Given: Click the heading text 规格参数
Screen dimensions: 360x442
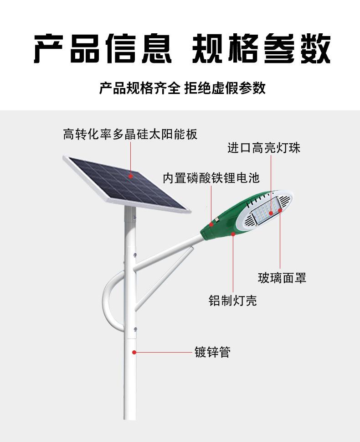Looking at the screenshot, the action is (x=261, y=48).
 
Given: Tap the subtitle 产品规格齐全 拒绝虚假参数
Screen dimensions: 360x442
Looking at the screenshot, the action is (x=182, y=88).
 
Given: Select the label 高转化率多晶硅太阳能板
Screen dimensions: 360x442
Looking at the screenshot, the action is (x=130, y=134).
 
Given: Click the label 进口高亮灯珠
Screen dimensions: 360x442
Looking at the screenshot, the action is (x=264, y=148).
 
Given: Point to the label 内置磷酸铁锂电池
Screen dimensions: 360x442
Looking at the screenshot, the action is (x=211, y=178).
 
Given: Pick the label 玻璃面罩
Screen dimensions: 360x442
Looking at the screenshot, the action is (x=282, y=278).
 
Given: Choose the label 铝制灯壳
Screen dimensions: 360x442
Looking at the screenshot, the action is (x=233, y=301).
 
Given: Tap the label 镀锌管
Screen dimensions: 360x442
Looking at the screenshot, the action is (x=212, y=352).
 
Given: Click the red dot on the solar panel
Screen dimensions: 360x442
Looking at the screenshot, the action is (x=130, y=175).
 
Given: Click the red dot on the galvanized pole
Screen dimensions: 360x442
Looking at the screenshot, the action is (x=134, y=352).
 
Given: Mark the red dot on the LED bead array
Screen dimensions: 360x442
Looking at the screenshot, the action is (x=271, y=213).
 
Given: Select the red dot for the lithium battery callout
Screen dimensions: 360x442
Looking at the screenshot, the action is (x=211, y=224).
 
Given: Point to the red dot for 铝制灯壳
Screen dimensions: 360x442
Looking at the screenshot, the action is (x=233, y=234).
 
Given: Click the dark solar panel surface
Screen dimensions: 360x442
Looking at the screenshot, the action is (x=114, y=182).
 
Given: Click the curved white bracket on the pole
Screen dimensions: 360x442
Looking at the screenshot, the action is (x=109, y=301).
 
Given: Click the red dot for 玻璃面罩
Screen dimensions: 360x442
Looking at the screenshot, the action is (x=279, y=214).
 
